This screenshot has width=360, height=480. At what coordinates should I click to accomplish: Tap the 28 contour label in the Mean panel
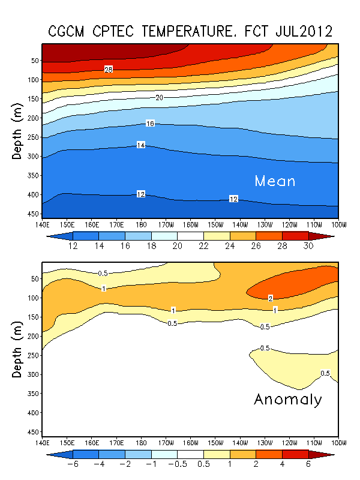(x=109, y=70)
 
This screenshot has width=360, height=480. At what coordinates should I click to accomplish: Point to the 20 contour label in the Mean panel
(x=159, y=97)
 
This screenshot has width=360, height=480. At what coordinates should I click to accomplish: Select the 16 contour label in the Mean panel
(x=150, y=124)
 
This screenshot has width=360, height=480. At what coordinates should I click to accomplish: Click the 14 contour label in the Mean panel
(x=140, y=145)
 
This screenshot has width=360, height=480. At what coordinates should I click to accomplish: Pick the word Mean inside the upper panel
(x=275, y=181)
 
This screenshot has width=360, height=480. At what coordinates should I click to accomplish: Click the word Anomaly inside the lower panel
(x=288, y=400)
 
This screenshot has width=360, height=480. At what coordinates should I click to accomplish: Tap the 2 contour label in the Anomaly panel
(x=271, y=298)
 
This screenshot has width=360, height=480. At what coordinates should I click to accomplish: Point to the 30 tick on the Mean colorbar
(x=308, y=247)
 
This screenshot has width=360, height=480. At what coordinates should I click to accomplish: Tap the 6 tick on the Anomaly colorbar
(x=308, y=464)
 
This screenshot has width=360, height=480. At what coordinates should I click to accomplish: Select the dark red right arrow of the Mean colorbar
(x=328, y=236)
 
